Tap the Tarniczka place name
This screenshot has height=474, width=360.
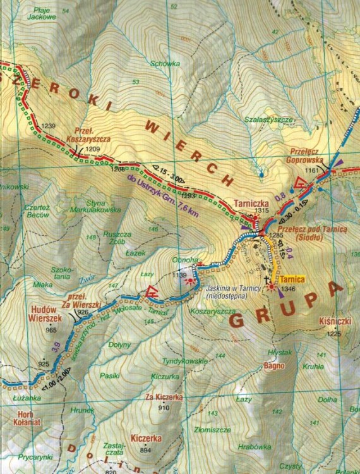(252, 204)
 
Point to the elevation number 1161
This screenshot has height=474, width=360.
(312, 171)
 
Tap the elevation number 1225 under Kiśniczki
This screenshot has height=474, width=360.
(334, 334)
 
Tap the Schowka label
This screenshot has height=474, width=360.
(162, 63)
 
